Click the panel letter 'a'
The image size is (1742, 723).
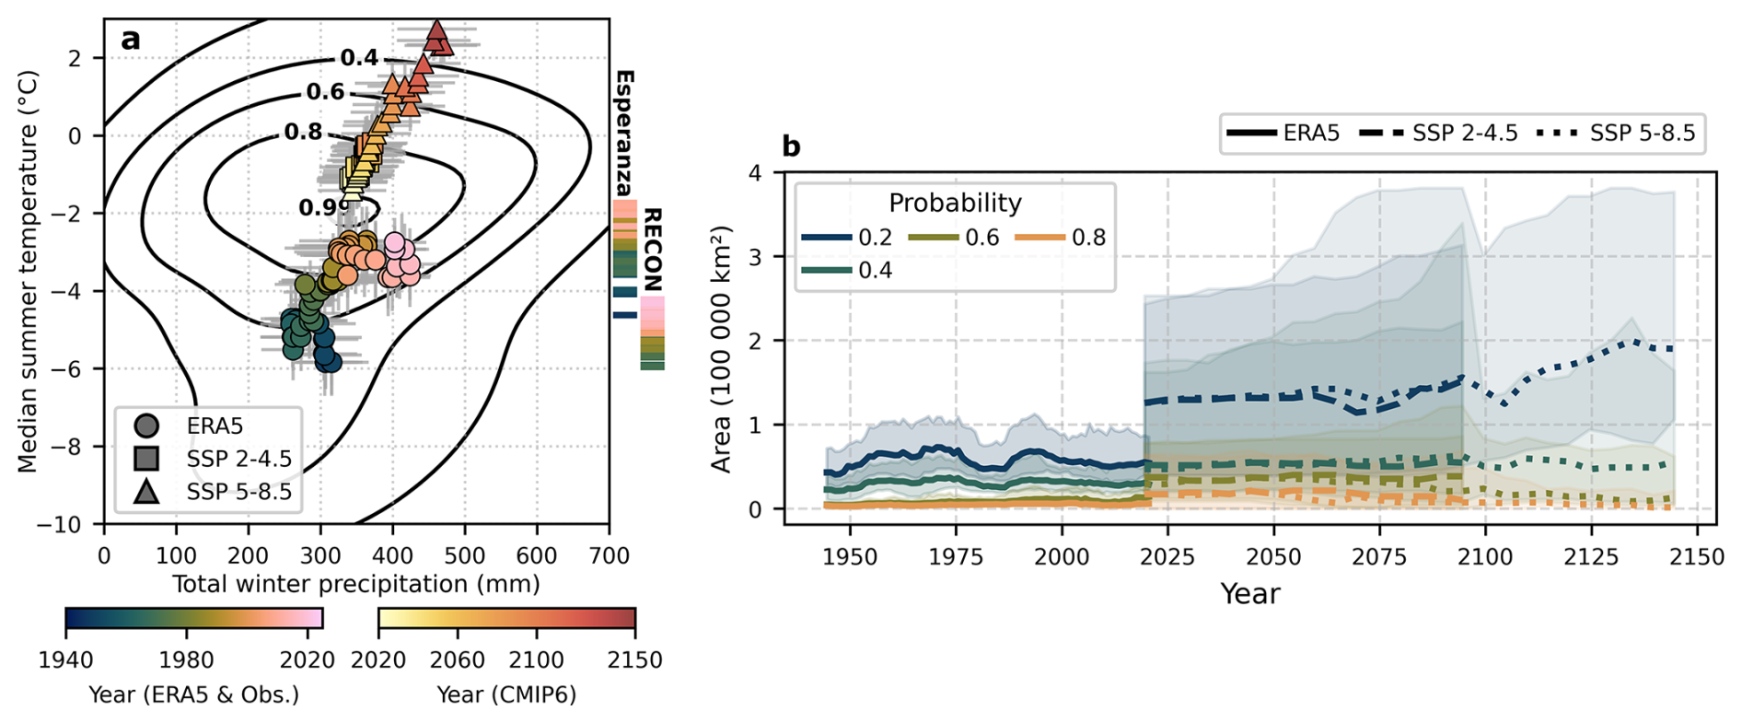131,40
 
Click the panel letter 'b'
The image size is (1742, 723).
791,146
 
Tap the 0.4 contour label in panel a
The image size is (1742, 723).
359,58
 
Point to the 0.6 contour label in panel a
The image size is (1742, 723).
325,92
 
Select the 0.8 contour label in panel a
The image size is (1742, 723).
303,133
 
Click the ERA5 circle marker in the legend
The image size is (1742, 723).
146,426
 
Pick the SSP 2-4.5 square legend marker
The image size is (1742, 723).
146,459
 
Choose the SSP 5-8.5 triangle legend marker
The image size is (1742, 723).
146,491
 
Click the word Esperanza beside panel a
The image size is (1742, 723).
623,133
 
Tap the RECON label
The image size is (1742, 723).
652,250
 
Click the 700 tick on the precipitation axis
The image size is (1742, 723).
609,555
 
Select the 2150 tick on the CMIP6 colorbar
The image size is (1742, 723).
635,660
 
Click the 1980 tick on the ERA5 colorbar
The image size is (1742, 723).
187,660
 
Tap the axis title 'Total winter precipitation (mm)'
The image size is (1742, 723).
356,584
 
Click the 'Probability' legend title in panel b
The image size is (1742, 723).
955,203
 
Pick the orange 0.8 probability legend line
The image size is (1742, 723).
1039,238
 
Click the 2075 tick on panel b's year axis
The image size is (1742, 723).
1380,557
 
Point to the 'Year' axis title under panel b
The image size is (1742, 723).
1249,594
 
